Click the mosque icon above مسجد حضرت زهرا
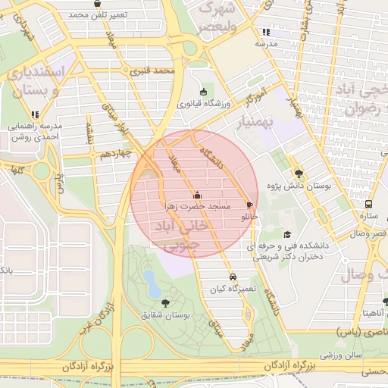198,194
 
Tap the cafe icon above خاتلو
249,205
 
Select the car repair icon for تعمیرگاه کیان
233,277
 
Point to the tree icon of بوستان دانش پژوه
298,172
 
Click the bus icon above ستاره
368,204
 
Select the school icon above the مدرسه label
265,33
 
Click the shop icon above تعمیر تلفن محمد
97,3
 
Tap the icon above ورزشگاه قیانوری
202,92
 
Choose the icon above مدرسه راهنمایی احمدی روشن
35,114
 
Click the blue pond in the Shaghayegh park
152,285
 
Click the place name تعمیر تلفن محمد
99,14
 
